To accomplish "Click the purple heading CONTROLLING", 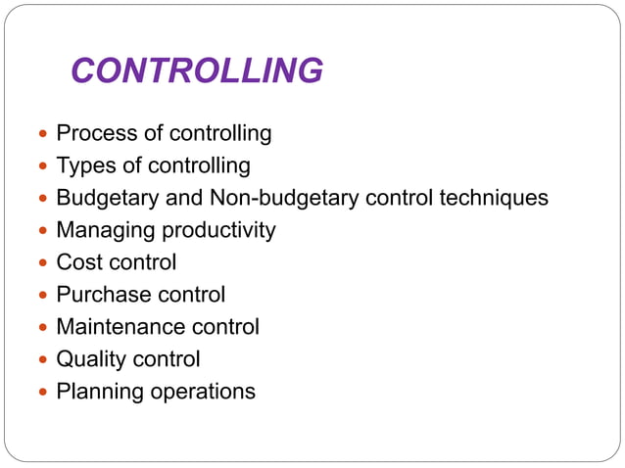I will coord(197,70).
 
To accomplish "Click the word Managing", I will coord(102,230).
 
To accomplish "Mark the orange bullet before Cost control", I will coord(39,263).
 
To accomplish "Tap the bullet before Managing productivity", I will coord(39,231).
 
